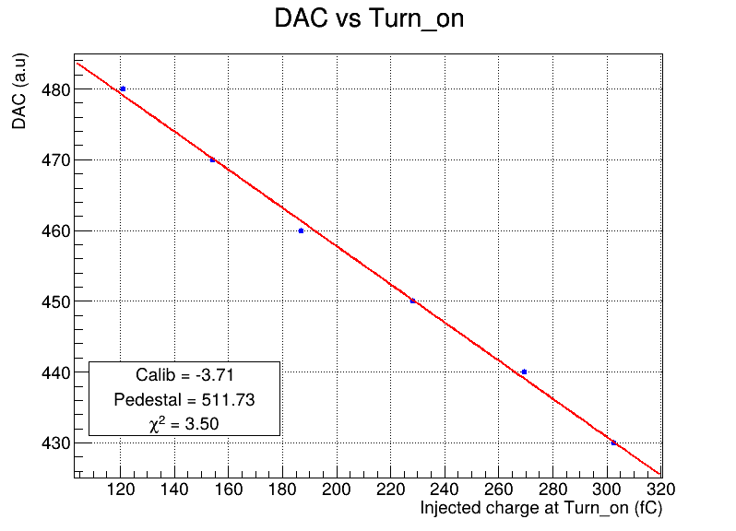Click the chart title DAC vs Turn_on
pyautogui.click(x=369, y=19)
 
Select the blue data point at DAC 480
pyautogui.click(x=123, y=88)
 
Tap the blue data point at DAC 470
pyautogui.click(x=212, y=160)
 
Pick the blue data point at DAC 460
pyautogui.click(x=301, y=230)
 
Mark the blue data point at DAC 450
pyautogui.click(x=412, y=301)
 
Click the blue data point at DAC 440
pyautogui.click(x=524, y=372)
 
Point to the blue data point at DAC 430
pyautogui.click(x=613, y=442)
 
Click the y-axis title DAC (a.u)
pyautogui.click(x=19, y=91)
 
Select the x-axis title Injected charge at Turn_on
pyautogui.click(x=541, y=508)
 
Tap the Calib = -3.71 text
pyautogui.click(x=184, y=375)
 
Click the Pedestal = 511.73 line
pyautogui.click(x=184, y=400)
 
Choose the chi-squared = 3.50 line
pyautogui.click(x=184, y=424)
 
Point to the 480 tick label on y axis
pyautogui.click(x=56, y=89)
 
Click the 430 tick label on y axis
pyautogui.click(x=56, y=443)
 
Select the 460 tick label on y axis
pyautogui.click(x=56, y=231)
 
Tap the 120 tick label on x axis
pyautogui.click(x=121, y=490)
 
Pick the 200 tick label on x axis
pyautogui.click(x=337, y=490)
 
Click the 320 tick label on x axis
pyautogui.click(x=660, y=490)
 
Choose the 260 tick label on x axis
pyautogui.click(x=498, y=490)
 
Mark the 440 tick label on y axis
pyautogui.click(x=56, y=373)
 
